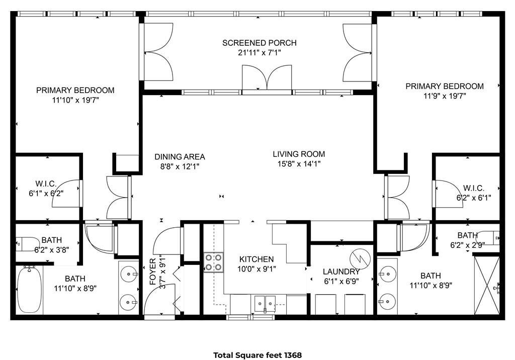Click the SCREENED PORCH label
259,43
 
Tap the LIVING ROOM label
299,154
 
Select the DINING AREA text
180,157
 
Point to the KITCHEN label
256,259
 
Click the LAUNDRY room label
341,272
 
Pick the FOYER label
153,272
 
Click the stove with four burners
213,262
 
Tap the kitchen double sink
265,303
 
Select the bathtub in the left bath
30,289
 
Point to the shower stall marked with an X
487,285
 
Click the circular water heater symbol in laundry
360,258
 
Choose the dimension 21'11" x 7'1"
259,53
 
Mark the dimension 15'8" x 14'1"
299,163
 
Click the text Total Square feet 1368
257,355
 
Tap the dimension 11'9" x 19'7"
445,96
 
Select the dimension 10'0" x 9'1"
256,269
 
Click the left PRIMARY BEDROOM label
75,90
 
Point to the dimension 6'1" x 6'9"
341,281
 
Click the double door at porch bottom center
267,77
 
